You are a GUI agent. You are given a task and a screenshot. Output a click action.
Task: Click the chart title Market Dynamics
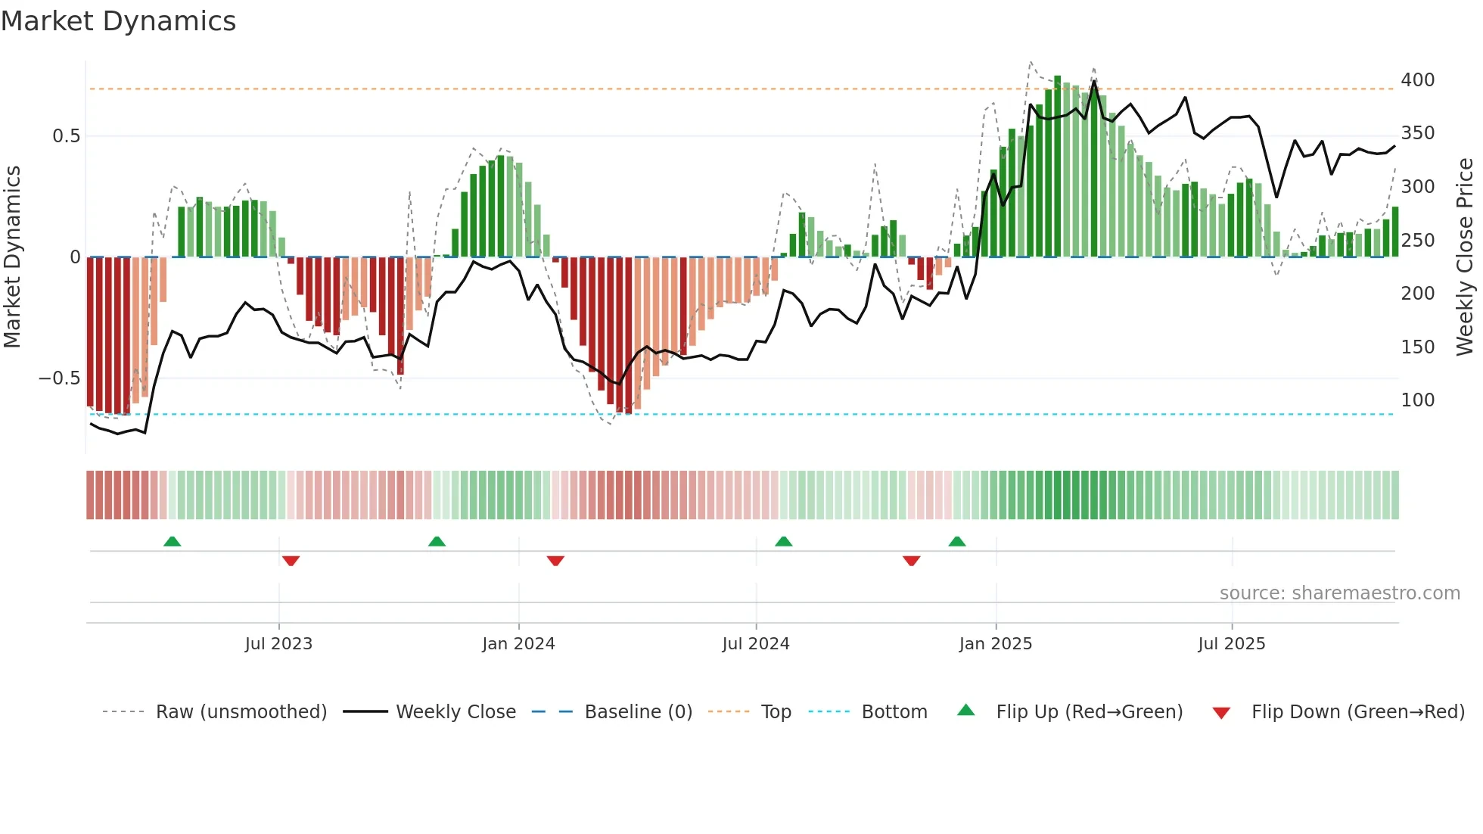click(118, 21)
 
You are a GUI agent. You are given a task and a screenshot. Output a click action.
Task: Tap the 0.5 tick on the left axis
click(66, 136)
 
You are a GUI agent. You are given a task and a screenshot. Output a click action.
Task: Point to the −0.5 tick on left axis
click(60, 378)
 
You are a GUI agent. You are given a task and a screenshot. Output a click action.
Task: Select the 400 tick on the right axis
click(1417, 80)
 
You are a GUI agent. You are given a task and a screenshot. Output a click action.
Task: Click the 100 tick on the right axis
click(1417, 400)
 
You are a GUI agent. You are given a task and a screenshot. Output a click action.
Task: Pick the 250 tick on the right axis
click(1417, 241)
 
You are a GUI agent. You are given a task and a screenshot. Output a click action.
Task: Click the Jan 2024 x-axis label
click(518, 644)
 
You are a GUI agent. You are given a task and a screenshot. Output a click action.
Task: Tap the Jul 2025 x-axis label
click(1231, 644)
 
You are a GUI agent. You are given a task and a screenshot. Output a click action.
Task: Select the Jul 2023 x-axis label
click(278, 644)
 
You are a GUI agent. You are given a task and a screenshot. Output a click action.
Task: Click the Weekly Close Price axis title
click(1465, 257)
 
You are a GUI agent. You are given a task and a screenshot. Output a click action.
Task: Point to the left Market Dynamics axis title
click(12, 257)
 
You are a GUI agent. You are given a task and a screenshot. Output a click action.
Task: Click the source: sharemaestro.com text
click(1339, 593)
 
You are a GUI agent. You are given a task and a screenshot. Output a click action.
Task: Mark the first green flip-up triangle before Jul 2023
click(173, 541)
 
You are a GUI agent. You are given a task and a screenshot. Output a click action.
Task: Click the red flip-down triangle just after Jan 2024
click(555, 561)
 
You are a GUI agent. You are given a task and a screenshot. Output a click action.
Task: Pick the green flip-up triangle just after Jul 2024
click(783, 541)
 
